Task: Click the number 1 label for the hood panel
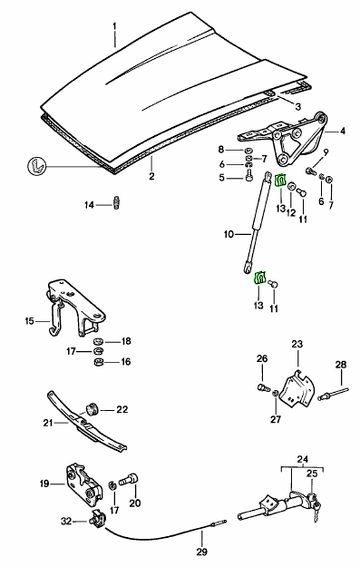click(x=115, y=26)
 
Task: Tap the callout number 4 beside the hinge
click(x=343, y=131)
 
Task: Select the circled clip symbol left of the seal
click(x=37, y=166)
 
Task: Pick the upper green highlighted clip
click(x=281, y=181)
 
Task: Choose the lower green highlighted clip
click(x=260, y=278)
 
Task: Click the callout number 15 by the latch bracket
click(x=29, y=321)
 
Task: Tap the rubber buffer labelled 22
click(x=92, y=408)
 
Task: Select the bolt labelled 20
click(x=130, y=480)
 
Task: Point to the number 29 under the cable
click(x=202, y=552)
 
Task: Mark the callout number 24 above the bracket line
click(x=303, y=459)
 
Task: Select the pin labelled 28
click(x=334, y=394)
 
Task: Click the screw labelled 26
click(x=264, y=388)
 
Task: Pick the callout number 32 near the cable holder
click(x=66, y=521)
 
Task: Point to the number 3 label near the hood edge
click(x=297, y=107)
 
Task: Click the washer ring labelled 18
click(x=98, y=341)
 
